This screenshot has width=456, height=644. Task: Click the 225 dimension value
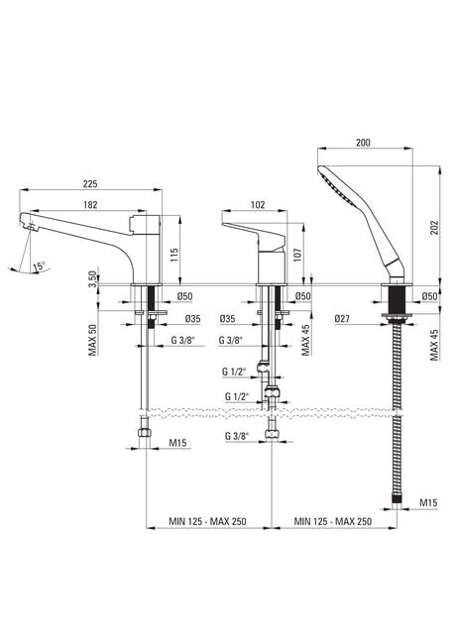tap(90, 183)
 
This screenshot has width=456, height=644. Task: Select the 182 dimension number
tap(90, 204)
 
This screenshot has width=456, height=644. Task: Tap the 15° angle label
tap(40, 266)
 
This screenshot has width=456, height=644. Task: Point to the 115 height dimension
tap(174, 256)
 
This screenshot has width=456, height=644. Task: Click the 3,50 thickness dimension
tap(93, 279)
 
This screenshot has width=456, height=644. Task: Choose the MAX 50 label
tap(93, 341)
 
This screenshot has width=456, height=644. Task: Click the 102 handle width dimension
tap(258, 204)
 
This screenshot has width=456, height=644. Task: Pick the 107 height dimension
tap(298, 255)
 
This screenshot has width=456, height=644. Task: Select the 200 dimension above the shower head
tap(363, 143)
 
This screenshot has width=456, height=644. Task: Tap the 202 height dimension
tap(434, 228)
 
